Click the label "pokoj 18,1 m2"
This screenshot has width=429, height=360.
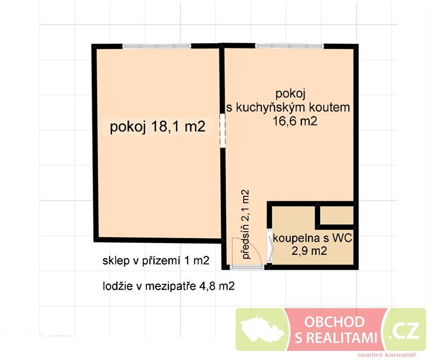[158, 127]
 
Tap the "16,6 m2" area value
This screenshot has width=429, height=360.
[295, 121]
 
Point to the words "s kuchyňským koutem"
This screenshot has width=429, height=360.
[288, 107]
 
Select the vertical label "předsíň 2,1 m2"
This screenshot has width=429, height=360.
[246, 224]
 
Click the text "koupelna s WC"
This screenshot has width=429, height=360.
[313, 238]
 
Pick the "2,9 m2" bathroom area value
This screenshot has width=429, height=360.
[309, 251]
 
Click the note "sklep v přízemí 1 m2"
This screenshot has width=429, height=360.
[156, 261]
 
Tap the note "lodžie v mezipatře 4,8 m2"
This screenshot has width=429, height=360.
[168, 286]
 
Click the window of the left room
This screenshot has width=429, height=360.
[157, 46]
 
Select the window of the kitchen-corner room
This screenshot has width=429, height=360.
[290, 46]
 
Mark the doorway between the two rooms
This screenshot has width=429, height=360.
[223, 131]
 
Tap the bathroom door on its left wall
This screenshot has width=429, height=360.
[270, 246]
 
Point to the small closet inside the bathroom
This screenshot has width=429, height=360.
[337, 215]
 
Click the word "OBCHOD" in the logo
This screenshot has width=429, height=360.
[334, 322]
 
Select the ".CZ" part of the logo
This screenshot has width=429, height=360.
[406, 330]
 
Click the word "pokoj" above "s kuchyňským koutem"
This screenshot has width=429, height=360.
[290, 94]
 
